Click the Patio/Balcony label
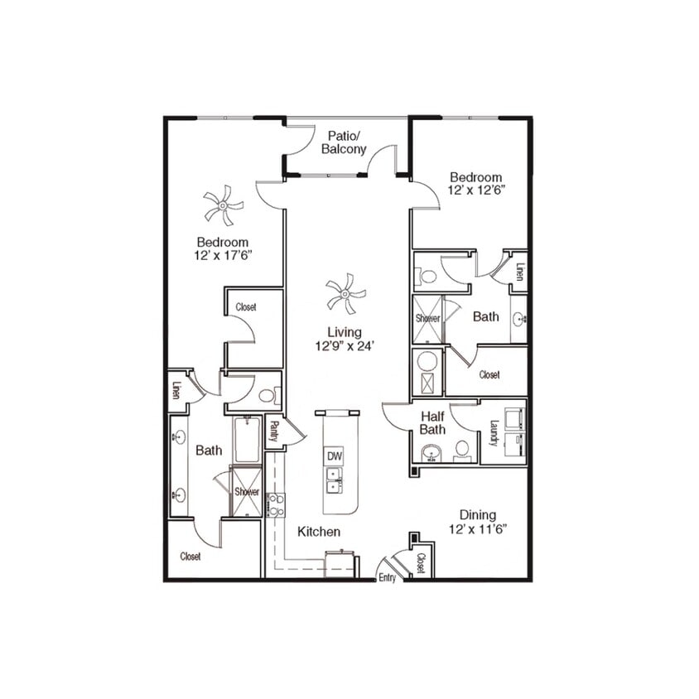pyautogui.click(x=346, y=142)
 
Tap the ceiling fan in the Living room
pyautogui.click(x=345, y=294)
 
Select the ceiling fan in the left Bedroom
pyautogui.click(x=223, y=205)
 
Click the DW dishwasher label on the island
pyautogui.click(x=335, y=456)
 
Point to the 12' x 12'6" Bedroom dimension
pyautogui.click(x=476, y=190)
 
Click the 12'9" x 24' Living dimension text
pyautogui.click(x=345, y=346)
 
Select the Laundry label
pyautogui.click(x=493, y=432)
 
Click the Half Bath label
pyautogui.click(x=432, y=422)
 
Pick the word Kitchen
pyautogui.click(x=319, y=532)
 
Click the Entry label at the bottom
pyautogui.click(x=388, y=578)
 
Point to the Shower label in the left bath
pyautogui.click(x=247, y=492)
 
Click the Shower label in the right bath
pyautogui.click(x=428, y=318)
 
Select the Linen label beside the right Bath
pyautogui.click(x=519, y=272)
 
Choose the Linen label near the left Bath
pyautogui.click(x=176, y=389)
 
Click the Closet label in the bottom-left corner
pyautogui.click(x=190, y=557)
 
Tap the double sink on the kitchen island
pyautogui.click(x=335, y=480)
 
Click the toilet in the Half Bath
pyautogui.click(x=462, y=450)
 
